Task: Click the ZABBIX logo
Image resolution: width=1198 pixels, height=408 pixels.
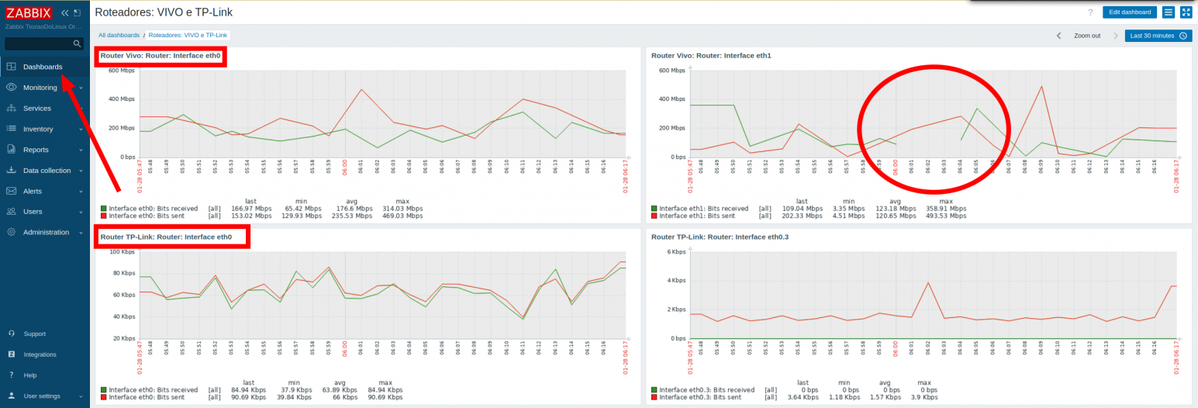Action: click(x=29, y=12)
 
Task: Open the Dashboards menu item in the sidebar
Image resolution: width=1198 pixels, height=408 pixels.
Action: click(x=42, y=67)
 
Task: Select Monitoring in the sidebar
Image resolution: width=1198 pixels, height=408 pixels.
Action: click(x=40, y=88)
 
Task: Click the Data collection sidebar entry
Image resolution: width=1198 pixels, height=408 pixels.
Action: click(x=47, y=171)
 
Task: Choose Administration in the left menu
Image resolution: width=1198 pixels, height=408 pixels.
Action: click(x=46, y=233)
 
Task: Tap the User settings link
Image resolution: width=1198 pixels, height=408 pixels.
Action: click(x=41, y=396)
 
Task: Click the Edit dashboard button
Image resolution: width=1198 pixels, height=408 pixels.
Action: click(x=1130, y=12)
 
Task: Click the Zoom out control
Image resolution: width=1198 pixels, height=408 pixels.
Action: click(x=1086, y=36)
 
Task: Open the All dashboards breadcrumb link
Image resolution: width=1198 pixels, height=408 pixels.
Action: click(x=119, y=36)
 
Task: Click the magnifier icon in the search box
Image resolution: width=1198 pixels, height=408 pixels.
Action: click(x=77, y=44)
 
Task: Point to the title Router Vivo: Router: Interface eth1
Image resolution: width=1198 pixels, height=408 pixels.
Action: click(x=711, y=56)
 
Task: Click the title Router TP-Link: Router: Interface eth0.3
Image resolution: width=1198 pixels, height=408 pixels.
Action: click(x=720, y=237)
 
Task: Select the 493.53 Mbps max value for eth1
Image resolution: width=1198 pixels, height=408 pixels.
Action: click(x=947, y=216)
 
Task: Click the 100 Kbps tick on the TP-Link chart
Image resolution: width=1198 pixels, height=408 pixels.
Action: click(x=123, y=252)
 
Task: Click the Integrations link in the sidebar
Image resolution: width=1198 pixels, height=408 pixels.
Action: click(x=40, y=354)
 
